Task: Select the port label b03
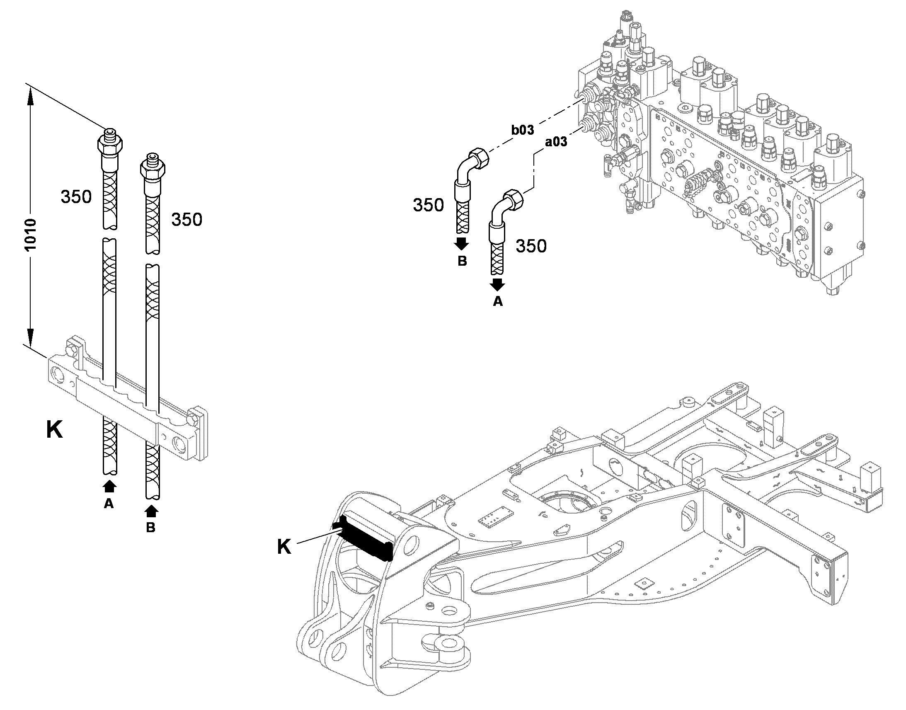click(x=522, y=130)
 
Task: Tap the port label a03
click(x=556, y=142)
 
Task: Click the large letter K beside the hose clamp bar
click(x=54, y=429)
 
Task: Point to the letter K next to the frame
click(x=284, y=547)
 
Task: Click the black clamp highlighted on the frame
click(x=363, y=539)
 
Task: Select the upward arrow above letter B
click(x=151, y=511)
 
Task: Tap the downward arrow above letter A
click(x=497, y=285)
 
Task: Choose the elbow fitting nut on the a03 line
click(x=514, y=199)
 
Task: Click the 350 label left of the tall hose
click(x=76, y=196)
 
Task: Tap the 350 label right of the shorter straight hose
click(x=187, y=220)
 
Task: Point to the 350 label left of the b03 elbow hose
click(x=429, y=205)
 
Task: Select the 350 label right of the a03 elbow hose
click(x=531, y=246)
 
